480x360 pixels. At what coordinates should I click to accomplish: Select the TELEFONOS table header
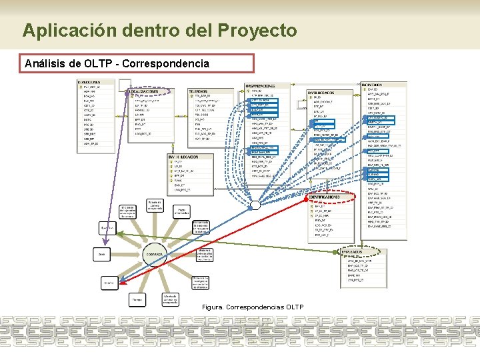197,91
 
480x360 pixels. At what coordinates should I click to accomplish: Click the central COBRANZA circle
155,254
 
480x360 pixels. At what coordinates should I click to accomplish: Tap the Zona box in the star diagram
103,254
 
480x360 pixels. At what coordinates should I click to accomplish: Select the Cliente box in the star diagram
110,283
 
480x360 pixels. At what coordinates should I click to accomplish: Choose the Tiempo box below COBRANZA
137,300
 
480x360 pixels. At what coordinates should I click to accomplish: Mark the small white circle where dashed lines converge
254,205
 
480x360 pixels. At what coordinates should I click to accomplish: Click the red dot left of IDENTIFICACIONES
307,198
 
